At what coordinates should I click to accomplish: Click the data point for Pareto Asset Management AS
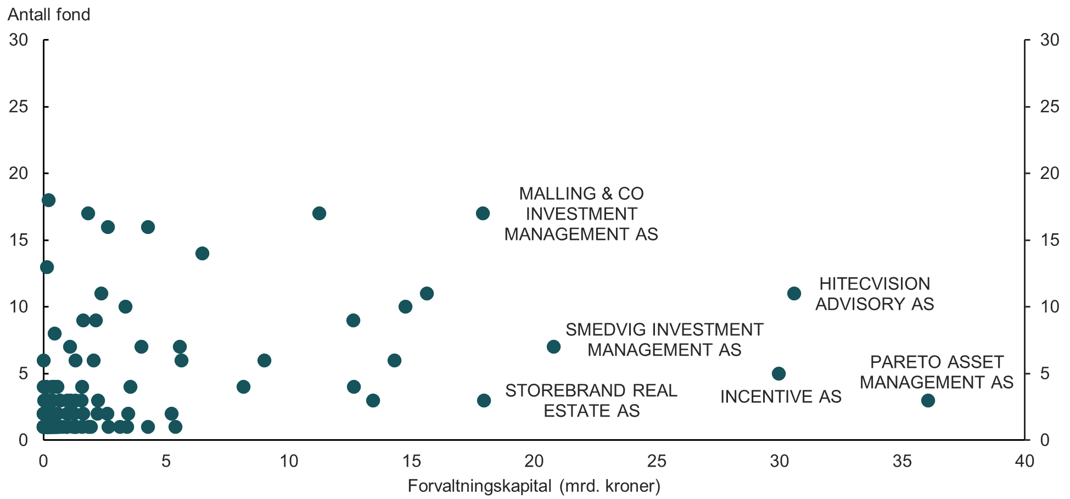click(x=928, y=400)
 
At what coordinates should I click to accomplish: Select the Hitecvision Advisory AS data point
click(x=794, y=294)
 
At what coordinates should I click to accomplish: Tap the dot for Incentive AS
click(x=778, y=374)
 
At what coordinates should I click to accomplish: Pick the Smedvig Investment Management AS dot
click(x=553, y=347)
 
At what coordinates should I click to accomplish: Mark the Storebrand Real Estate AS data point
click(x=484, y=400)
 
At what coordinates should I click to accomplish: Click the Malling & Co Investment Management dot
click(x=483, y=214)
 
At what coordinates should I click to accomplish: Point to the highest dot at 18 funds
click(x=48, y=200)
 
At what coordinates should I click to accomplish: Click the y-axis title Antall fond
click(x=49, y=14)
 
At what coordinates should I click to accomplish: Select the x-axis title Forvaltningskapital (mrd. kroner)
click(x=534, y=486)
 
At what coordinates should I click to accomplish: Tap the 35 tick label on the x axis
click(x=902, y=461)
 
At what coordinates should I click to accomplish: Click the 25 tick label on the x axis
click(x=657, y=461)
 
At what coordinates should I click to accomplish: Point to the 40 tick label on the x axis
click(x=1024, y=461)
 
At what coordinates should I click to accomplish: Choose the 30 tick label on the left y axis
click(x=19, y=40)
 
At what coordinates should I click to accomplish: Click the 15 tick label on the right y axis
click(x=1050, y=240)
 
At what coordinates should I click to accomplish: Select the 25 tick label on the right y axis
click(x=1050, y=106)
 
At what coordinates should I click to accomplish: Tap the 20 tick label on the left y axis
click(x=19, y=173)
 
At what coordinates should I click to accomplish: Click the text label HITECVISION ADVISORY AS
click(x=875, y=294)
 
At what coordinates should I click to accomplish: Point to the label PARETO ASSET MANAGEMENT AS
click(x=937, y=372)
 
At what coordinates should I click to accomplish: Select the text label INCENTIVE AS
click(x=781, y=396)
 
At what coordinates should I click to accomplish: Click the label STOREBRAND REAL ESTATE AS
click(x=591, y=401)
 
